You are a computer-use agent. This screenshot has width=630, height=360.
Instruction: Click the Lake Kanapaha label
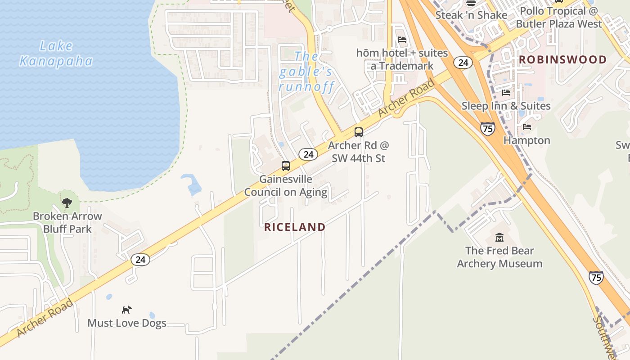point(56,53)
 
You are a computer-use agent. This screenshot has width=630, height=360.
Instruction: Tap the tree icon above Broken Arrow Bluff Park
point(67,203)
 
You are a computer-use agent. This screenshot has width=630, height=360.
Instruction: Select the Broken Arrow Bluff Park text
point(67,222)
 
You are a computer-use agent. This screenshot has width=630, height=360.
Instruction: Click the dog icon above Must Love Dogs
point(127,310)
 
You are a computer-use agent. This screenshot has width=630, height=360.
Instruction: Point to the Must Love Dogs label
point(127,323)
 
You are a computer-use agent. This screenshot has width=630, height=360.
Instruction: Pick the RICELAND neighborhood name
point(295,227)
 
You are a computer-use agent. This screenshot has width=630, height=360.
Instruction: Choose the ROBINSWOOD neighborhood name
point(562,59)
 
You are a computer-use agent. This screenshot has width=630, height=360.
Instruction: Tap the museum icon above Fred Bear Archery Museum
point(499,237)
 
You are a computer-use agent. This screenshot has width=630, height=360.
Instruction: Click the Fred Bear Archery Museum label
point(499,257)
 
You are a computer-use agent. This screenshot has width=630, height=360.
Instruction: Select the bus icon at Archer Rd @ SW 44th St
point(359,132)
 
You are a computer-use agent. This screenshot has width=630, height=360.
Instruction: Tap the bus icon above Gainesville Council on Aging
point(286,166)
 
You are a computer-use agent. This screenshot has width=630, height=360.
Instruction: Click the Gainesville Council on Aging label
point(286,185)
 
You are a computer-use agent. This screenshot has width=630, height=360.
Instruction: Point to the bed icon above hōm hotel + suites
point(402,40)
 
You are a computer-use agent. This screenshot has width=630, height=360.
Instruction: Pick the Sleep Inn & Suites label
point(506,106)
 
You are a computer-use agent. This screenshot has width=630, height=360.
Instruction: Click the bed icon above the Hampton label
point(527,127)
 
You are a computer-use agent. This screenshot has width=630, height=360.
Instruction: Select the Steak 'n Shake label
point(471,15)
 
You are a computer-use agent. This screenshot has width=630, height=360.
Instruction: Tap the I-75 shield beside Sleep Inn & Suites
point(487,128)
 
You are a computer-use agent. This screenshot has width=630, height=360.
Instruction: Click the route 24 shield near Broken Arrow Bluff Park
point(141,259)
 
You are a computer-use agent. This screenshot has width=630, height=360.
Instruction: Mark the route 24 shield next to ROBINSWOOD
point(463,63)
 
